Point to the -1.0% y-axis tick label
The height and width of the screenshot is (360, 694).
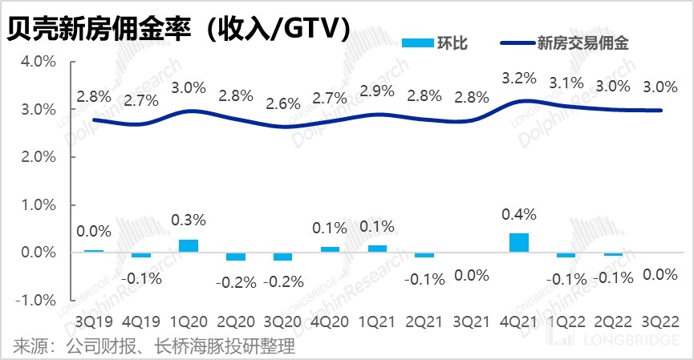pyautogui.click(x=33, y=300)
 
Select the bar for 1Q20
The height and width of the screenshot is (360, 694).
pyautogui.click(x=189, y=246)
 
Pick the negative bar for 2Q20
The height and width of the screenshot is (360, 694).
pyautogui.click(x=236, y=257)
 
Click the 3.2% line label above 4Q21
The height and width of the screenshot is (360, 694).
pyautogui.click(x=520, y=79)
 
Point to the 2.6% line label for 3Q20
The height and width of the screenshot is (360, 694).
pyautogui.click(x=282, y=103)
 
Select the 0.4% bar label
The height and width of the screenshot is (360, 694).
pyautogui.click(x=520, y=214)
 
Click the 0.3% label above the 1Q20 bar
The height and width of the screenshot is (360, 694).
pyautogui.click(x=189, y=220)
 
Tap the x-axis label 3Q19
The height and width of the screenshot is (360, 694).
pyautogui.click(x=94, y=322)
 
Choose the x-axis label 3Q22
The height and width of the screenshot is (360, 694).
pyautogui.click(x=662, y=322)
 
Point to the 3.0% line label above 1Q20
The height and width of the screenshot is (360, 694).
pyautogui.click(x=189, y=87)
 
